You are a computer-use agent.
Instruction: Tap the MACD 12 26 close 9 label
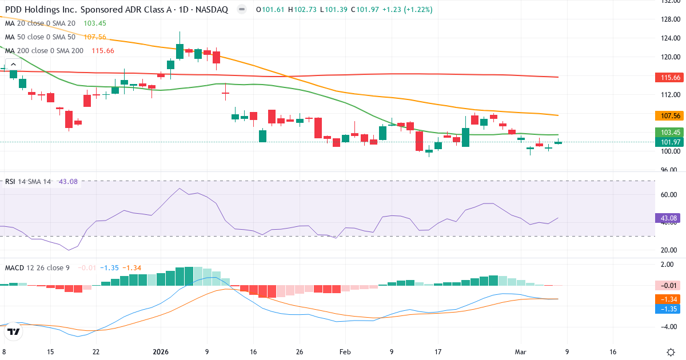[37, 267]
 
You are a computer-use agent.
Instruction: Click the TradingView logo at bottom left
[14, 331]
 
